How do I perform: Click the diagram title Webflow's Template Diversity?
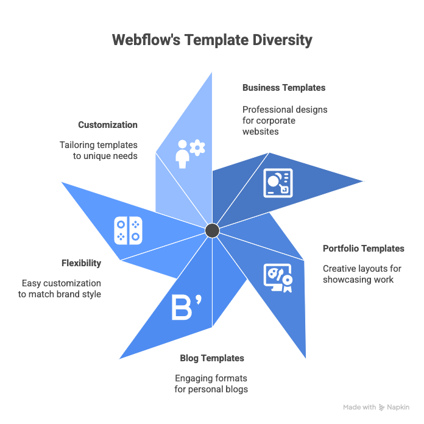point(211,40)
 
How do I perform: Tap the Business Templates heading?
point(283,88)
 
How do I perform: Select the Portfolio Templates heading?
point(363,249)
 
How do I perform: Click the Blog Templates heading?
point(212,358)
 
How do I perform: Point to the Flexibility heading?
point(81,263)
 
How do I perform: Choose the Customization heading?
point(108,125)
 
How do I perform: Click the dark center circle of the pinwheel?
point(212,230)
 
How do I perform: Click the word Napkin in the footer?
point(400,408)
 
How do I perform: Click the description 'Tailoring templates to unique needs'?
point(99,150)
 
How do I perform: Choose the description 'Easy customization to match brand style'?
point(61,289)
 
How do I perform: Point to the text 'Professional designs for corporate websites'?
point(284,120)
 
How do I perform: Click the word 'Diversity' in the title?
point(281,40)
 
